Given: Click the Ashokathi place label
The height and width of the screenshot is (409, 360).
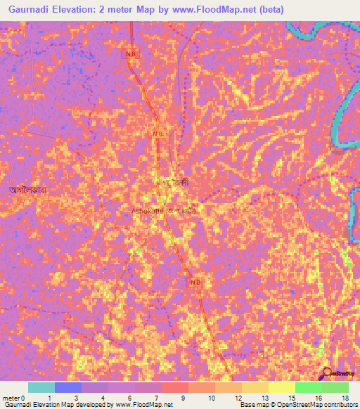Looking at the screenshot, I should tap(148, 210).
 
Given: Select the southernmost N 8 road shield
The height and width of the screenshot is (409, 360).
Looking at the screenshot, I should tap(197, 282).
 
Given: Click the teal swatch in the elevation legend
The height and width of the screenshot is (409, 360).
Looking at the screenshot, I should tap(41, 387).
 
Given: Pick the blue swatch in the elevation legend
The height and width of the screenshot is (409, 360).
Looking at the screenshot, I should tap(68, 387).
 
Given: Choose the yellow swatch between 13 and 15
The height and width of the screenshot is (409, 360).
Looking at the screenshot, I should tap(282, 387).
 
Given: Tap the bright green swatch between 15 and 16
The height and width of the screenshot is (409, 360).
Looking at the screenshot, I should tap(309, 387).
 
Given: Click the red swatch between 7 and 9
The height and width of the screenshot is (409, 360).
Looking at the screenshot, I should tap(175, 387).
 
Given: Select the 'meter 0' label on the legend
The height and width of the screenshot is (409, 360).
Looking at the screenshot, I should tap(14, 398).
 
